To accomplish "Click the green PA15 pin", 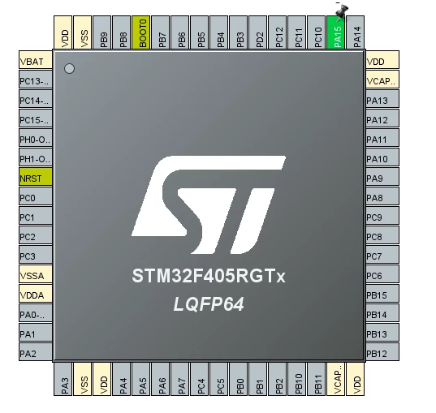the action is tap(336, 32).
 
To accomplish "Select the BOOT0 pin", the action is tap(141, 32).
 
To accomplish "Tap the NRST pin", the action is tap(36, 177).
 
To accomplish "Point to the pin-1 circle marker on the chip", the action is tap(69, 69).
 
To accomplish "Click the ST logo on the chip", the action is tap(209, 204).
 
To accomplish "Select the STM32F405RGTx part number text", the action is tap(209, 276).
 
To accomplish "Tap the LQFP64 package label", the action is tap(209, 303).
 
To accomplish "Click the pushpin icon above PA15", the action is tap(342, 12).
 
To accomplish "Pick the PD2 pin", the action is tap(258, 32).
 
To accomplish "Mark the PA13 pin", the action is tap(382, 99).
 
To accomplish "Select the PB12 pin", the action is tap(382, 352).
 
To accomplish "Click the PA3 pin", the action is tap(63, 379).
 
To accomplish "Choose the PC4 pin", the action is tap(200, 379).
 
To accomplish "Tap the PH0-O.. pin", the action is tap(36, 138).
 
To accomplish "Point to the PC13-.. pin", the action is tap(36, 80).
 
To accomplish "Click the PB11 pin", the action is tap(317, 379).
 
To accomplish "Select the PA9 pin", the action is tap(382, 177).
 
